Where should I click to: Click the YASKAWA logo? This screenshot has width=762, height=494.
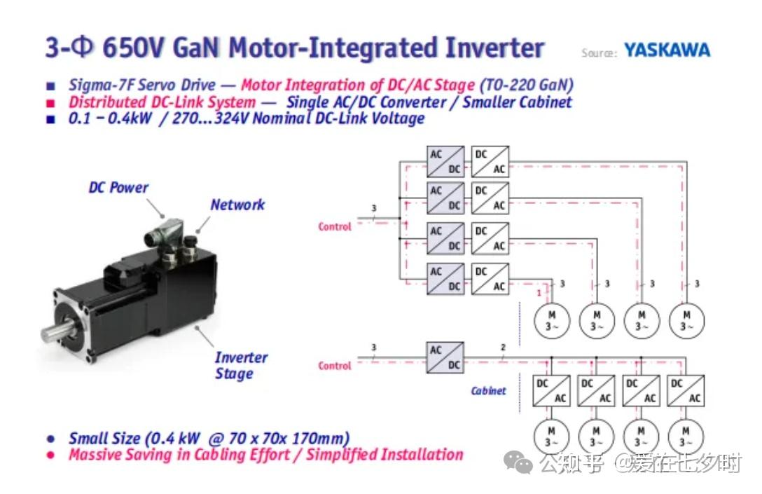[667, 50]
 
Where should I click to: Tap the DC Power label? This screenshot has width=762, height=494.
[118, 188]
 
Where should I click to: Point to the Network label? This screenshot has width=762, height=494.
[237, 205]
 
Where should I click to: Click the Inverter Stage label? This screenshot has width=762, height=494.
[241, 366]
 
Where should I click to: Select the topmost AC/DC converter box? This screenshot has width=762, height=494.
[445, 162]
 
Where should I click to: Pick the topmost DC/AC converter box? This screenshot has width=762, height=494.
[490, 162]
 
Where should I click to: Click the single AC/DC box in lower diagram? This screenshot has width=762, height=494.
[445, 358]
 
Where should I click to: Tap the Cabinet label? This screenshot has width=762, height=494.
[488, 391]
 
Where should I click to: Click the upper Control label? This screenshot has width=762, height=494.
[334, 226]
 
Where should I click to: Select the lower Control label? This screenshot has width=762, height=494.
[334, 366]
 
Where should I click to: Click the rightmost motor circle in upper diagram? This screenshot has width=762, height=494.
[686, 321]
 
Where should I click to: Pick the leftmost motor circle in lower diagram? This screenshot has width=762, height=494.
[552, 437]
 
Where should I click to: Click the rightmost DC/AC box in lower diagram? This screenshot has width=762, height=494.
[686, 391]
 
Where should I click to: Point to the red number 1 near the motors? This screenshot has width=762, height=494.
[539, 293]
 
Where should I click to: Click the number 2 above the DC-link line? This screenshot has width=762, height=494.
[503, 348]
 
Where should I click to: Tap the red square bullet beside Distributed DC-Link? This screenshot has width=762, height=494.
[50, 103]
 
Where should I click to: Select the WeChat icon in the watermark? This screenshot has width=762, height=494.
[518, 462]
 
